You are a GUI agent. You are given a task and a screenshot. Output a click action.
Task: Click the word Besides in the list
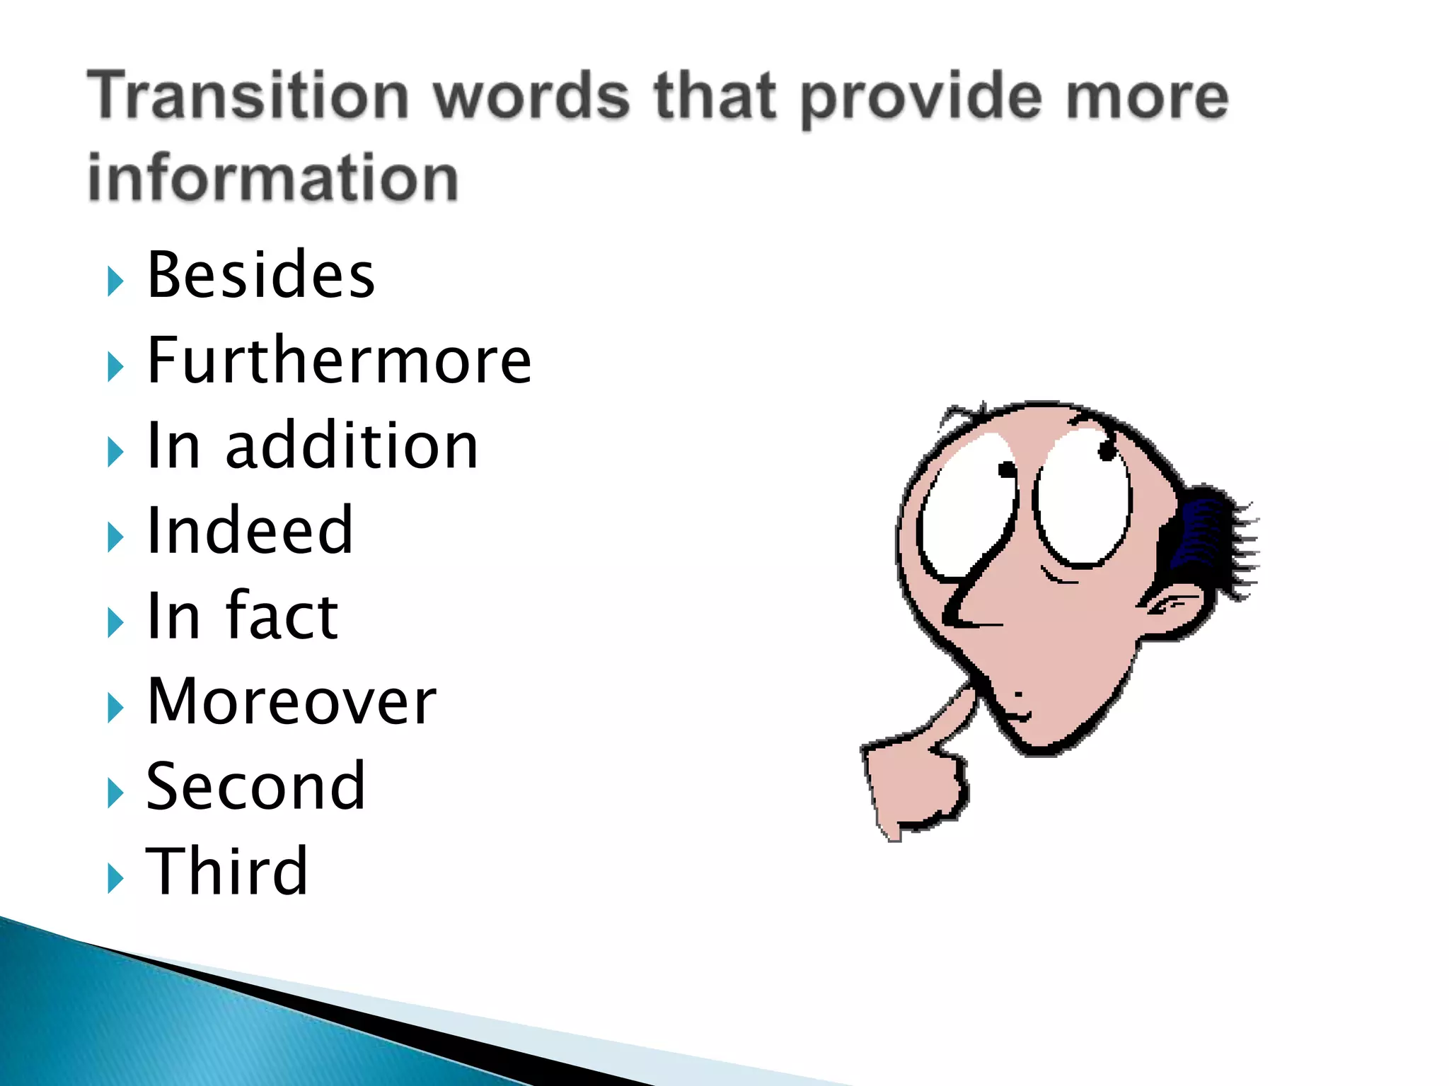tap(260, 276)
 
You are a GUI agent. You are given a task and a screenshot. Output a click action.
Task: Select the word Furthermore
tap(339, 361)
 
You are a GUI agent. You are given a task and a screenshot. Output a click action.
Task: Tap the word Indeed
tap(249, 531)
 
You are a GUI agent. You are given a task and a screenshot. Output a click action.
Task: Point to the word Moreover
tap(291, 701)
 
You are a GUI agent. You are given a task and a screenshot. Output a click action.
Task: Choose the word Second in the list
tap(255, 786)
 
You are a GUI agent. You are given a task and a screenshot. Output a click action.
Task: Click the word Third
tap(226, 872)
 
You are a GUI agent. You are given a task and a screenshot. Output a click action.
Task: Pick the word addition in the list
tap(352, 446)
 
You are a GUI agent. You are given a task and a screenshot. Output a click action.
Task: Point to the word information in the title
tap(273, 177)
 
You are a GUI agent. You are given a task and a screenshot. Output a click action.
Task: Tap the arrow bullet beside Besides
tap(115, 281)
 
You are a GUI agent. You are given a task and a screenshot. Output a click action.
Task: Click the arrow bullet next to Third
tap(115, 878)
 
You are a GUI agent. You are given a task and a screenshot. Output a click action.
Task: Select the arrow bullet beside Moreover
tap(115, 708)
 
